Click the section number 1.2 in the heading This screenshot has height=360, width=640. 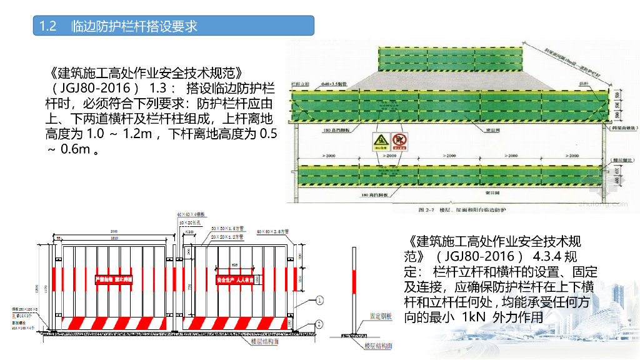tap(48, 26)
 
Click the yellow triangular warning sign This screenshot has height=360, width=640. tap(379, 141)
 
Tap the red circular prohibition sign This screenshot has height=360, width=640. tap(400, 141)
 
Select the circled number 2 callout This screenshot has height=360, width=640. tap(320, 324)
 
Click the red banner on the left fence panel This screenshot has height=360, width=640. tap(113, 279)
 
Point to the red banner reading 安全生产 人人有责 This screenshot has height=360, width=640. tap(236, 279)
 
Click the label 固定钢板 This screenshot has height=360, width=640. tap(381, 317)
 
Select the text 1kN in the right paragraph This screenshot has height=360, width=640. tap(473, 317)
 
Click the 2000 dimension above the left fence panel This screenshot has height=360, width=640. tap(112, 231)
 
